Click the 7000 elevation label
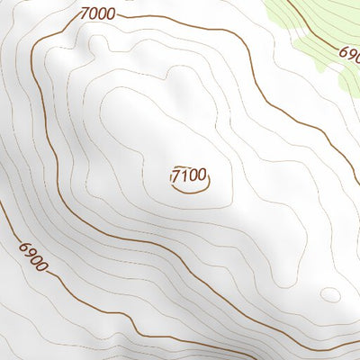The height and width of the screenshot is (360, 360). point(97,13)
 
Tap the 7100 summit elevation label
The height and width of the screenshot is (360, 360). point(189,175)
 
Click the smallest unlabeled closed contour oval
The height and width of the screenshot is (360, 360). point(330,294)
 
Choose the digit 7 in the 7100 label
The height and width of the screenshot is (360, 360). point(177,175)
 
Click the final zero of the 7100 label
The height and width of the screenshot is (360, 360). point(202,175)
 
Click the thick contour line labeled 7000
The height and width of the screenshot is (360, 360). point(36,135)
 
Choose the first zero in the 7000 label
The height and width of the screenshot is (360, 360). point(94,13)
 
